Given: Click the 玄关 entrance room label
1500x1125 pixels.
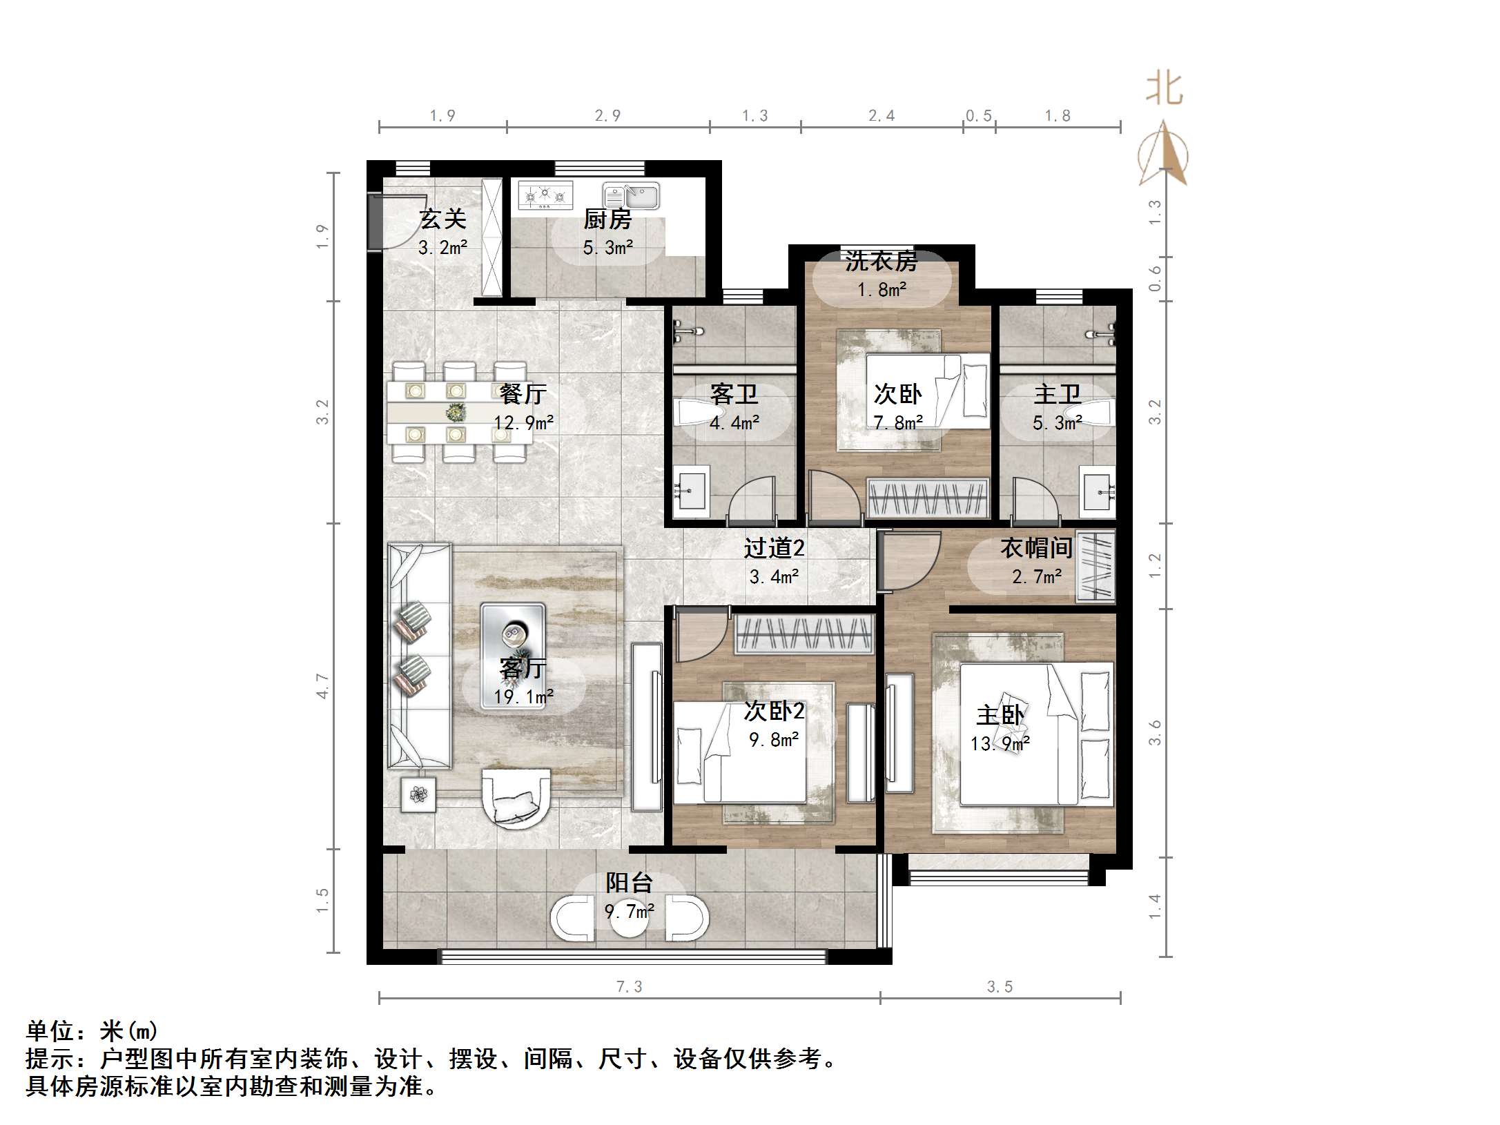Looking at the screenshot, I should click(x=443, y=219).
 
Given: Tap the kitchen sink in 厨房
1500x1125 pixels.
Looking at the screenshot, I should click(x=631, y=195).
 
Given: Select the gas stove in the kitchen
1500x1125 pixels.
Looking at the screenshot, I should click(x=545, y=195).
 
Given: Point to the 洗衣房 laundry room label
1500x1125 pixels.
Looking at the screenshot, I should click(x=882, y=262).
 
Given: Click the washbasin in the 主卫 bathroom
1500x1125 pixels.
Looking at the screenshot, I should click(x=1098, y=492).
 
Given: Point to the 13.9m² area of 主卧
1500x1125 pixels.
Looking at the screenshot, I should click(x=1000, y=744).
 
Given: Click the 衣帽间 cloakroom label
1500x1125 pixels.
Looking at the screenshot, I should click(x=1036, y=548).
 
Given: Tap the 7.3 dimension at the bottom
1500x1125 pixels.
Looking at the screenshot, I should click(x=629, y=987).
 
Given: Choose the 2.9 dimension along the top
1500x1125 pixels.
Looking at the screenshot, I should click(x=607, y=116).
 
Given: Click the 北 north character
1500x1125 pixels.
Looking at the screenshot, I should click(x=1165, y=90).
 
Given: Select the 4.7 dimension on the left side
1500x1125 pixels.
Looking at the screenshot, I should click(x=323, y=686).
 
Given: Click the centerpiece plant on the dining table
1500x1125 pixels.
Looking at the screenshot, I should click(x=455, y=413).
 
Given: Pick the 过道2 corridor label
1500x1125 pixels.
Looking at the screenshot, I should click(x=774, y=548).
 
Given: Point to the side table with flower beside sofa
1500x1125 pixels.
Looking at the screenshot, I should click(x=418, y=794).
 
